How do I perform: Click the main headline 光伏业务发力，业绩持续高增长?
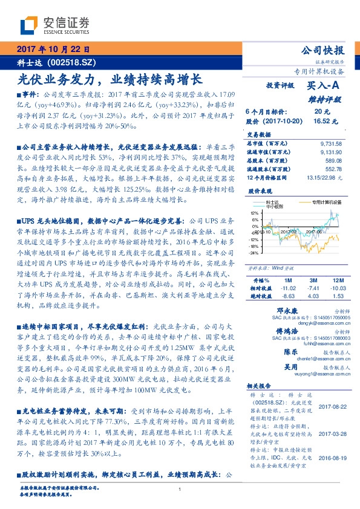pyautogui.click(x=111, y=79)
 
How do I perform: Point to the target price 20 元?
pyautogui.click(x=321, y=112)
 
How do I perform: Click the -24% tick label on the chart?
pyautogui.click(x=254, y=253)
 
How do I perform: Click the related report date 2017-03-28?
pyautogui.click(x=331, y=434)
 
